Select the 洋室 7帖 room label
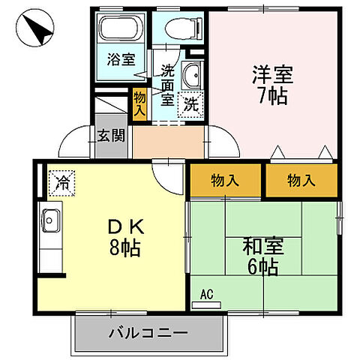coord(271,86)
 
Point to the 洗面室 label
coord(167,83)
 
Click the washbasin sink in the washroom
coord(192,77)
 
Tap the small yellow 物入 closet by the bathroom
coord(140,103)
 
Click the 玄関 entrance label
coord(112,136)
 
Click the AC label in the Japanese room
coord(206,293)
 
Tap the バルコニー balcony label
coord(148,331)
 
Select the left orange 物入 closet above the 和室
coord(225,180)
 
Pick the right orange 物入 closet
coord(301,180)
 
